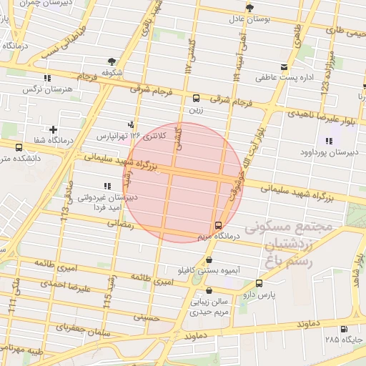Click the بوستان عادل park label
(248, 19)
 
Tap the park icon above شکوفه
(111, 62)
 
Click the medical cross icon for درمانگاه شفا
(54, 129)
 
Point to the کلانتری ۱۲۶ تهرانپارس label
(132, 135)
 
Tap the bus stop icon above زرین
(196, 99)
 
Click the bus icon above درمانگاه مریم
(218, 225)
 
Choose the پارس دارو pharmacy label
(257, 293)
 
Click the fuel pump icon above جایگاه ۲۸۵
(345, 330)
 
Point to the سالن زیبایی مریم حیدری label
(207, 307)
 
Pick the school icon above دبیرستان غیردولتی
(108, 187)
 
